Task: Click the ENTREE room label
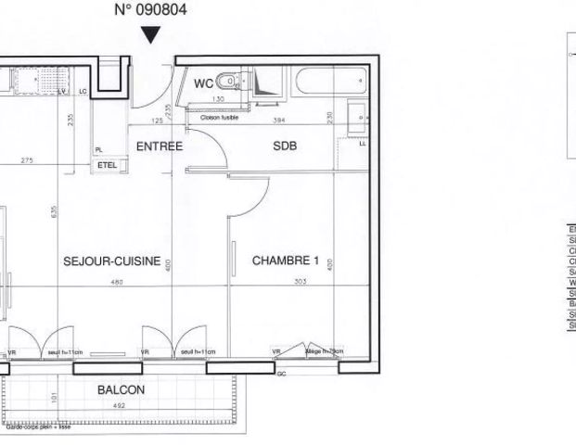[x=159, y=146]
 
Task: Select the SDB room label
[x=284, y=146]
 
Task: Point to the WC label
[x=203, y=84]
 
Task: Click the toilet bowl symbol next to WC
[x=231, y=82]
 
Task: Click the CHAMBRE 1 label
[x=286, y=261]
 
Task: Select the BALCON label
[x=122, y=390]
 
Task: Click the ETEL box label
[x=108, y=164]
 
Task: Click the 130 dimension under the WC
[x=220, y=98]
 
